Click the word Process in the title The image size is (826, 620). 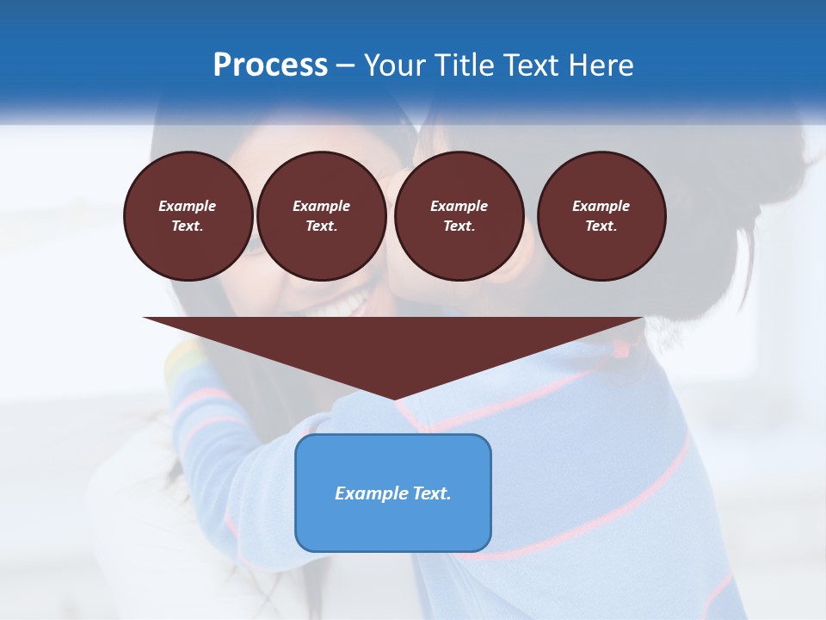270,65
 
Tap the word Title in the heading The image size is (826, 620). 461,65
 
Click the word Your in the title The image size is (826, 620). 395,65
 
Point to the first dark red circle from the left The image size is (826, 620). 188,216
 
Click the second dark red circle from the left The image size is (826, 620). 321,216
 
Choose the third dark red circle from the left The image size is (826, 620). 459,216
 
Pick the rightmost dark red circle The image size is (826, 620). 601,216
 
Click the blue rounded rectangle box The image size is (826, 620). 393,493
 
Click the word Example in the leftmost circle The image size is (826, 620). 188,206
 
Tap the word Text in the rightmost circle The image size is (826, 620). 601,226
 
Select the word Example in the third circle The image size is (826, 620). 459,206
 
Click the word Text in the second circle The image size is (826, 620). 321,226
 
